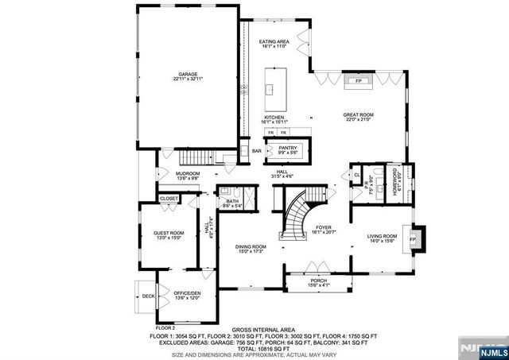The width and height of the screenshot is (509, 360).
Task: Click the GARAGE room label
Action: [x=188, y=73]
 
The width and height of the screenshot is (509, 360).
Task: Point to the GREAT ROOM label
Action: [x=359, y=114]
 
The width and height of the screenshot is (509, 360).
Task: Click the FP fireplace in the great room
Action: [x=359, y=81]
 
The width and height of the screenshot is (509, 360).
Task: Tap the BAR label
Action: [x=257, y=151]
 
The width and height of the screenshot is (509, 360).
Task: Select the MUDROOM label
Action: [x=188, y=173]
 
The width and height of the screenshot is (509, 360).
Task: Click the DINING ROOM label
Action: [x=250, y=247]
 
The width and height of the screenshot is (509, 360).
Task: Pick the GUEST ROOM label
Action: [x=169, y=233]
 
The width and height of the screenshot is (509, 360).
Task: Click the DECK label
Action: [x=148, y=296]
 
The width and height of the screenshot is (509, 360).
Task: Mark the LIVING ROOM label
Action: [x=381, y=236]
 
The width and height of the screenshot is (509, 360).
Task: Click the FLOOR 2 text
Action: [x=165, y=327]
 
